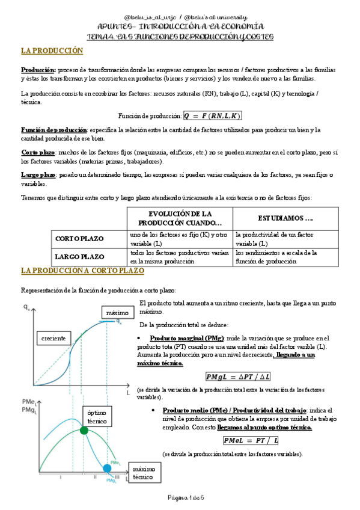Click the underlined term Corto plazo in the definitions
[38, 153]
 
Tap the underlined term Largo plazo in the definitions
[38, 174]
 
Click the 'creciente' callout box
[53, 338]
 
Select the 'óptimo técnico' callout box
[97, 417]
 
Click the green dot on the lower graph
[84, 430]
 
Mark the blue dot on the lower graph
[108, 468]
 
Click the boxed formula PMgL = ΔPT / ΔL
[239, 376]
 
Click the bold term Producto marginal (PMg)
[187, 338]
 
